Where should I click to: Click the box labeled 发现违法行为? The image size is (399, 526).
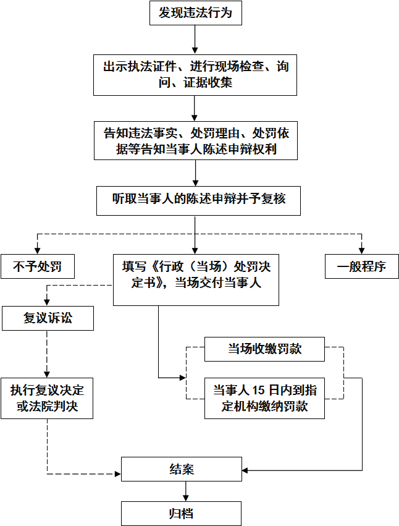coord(195,13)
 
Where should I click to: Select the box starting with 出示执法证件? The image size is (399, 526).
coord(195,75)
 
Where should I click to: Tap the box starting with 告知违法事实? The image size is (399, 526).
coord(196,140)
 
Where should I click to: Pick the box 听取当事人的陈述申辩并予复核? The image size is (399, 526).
coord(198,201)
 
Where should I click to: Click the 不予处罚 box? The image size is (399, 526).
coord(38,266)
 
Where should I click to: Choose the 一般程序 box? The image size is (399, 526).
coord(362,266)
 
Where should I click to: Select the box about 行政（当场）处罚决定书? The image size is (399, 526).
coord(196,280)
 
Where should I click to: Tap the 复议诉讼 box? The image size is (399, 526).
coord(48,318)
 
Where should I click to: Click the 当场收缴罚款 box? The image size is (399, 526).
coord(264,349)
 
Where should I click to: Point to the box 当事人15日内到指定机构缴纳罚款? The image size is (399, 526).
coord(264,398)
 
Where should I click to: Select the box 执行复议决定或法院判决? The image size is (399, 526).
coord(47,398)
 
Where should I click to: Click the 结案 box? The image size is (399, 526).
coord(182,469)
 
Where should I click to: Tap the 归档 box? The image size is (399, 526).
coord(181,514)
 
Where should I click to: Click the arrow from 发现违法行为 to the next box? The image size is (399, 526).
coord(195,40)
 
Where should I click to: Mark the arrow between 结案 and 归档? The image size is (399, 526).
coord(185,491)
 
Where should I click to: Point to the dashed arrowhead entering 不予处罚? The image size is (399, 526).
coord(38,250)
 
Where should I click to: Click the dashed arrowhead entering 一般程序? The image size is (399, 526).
coord(361,250)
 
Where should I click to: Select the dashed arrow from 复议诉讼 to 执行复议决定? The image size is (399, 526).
coord(47,354)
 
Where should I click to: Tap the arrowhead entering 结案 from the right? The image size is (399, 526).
coord(245,470)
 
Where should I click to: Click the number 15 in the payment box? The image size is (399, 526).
coord(259,390)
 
